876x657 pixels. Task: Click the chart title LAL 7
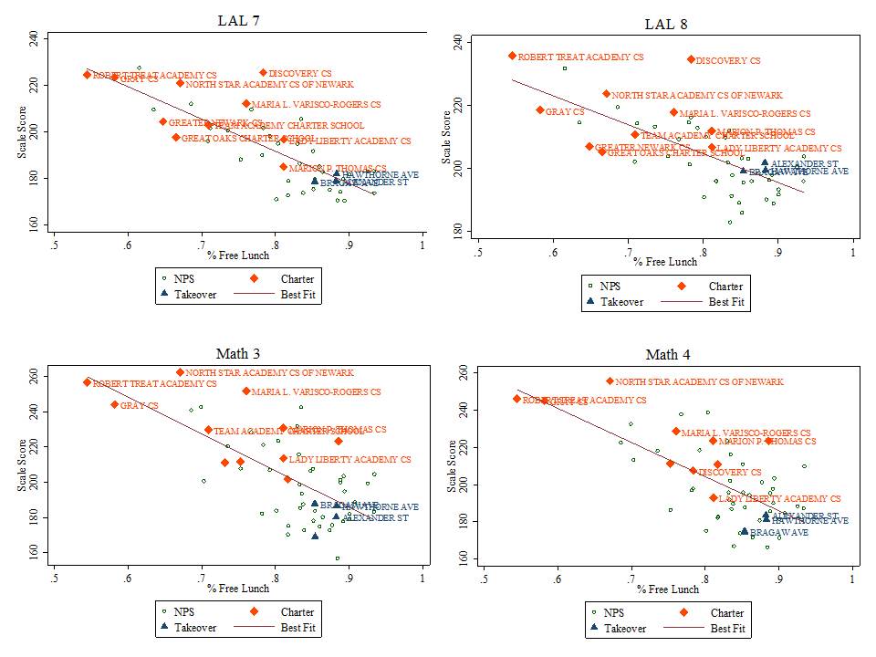pyautogui.click(x=239, y=20)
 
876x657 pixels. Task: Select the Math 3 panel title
pyautogui.click(x=238, y=354)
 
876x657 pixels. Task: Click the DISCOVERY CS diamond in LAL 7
pyautogui.click(x=263, y=72)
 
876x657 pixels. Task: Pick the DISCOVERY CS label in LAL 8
pyautogui.click(x=727, y=61)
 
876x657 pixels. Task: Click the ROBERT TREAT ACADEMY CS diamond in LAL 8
pyautogui.click(x=512, y=56)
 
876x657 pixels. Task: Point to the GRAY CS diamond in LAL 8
pyautogui.click(x=540, y=109)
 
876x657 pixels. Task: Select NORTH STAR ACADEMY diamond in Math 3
pyautogui.click(x=180, y=372)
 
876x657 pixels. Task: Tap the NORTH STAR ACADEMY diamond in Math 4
pyautogui.click(x=610, y=381)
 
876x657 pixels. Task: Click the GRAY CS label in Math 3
pyautogui.click(x=139, y=405)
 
